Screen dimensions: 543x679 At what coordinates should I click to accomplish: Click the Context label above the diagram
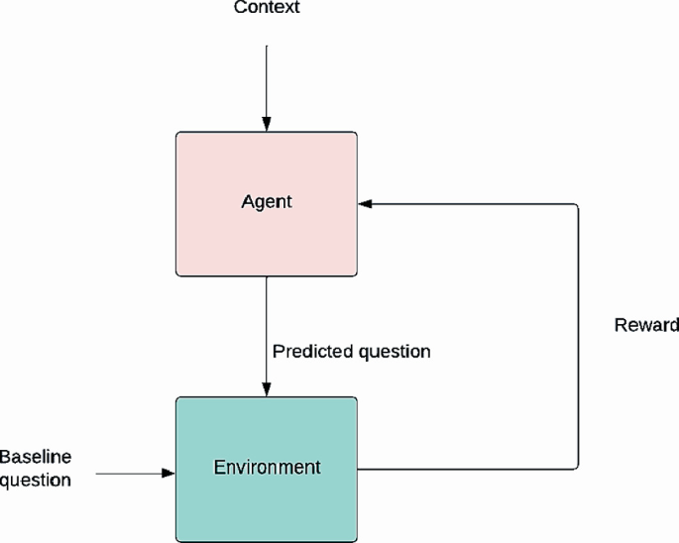[267, 9]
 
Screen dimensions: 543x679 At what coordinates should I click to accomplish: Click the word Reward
[646, 325]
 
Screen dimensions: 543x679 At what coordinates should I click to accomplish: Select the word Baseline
[36, 457]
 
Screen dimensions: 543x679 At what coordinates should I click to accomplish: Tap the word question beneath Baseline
[36, 481]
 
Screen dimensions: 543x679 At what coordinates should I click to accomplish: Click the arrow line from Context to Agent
[267, 79]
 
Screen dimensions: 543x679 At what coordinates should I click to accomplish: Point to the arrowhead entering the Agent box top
[267, 125]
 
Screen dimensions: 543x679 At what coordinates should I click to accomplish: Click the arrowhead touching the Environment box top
[267, 389]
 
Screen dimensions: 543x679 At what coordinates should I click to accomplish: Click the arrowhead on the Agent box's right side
[365, 204]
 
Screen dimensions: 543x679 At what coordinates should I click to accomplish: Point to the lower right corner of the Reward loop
[577, 467]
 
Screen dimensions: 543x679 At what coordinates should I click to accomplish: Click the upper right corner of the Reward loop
[577, 204]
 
